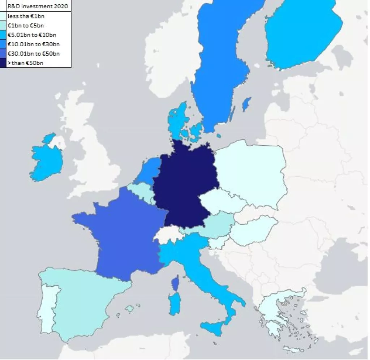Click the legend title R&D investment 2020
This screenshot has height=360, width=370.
pyautogui.click(x=38, y=6)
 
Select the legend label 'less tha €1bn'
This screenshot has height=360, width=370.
pyautogui.click(x=26, y=16)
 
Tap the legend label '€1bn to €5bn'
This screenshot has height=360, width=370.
pyautogui.click(x=26, y=25)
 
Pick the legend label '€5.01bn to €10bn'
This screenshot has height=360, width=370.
pyautogui.click(x=32, y=35)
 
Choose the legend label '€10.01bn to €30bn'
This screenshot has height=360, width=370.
pyautogui.click(x=34, y=44)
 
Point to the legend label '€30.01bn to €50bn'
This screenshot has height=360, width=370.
pyautogui.click(x=34, y=53)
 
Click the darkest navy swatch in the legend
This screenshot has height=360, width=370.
pyautogui.click(x=3, y=63)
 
